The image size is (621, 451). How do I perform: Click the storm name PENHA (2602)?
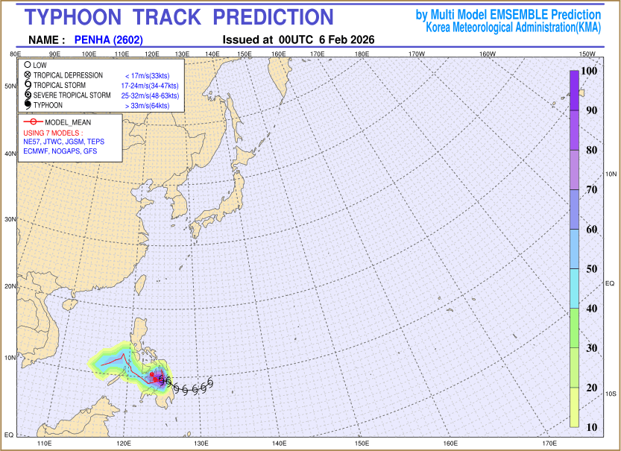tap(109, 40)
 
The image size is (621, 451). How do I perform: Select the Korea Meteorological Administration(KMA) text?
tap(513, 27)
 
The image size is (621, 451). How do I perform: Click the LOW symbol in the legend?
tap(27, 66)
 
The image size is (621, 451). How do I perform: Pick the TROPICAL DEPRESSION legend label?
tap(68, 75)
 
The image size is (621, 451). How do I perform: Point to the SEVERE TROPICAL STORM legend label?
tap(72, 95)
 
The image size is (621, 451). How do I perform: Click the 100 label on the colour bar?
tap(589, 70)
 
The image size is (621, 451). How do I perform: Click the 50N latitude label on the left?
tap(10, 86)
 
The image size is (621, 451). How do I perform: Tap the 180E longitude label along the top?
tap(362, 54)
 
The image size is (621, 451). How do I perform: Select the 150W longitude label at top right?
tap(587, 54)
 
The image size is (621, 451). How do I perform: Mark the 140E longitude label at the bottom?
tap(279, 444)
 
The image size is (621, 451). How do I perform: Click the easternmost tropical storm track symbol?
tap(211, 383)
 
